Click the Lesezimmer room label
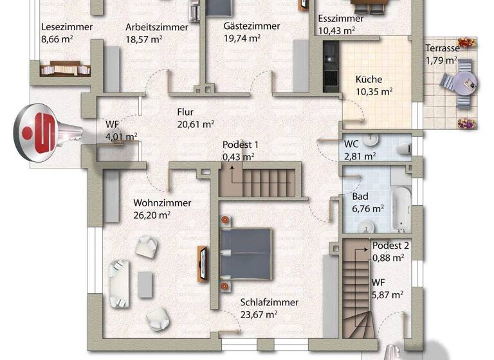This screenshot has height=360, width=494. pos(66,27)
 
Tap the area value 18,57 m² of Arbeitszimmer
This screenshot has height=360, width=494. pos(143,39)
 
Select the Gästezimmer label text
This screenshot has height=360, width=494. pos(252,26)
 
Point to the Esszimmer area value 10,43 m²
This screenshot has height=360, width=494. pos(336,30)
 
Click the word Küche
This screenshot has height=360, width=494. pos(369,80)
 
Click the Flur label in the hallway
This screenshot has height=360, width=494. pos(186,111)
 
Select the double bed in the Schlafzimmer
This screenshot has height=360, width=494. pos(245,253)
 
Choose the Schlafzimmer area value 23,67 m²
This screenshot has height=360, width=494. pos(259,314)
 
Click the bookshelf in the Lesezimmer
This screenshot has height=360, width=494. pos(63,67)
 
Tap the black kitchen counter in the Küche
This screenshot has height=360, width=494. pos(330,64)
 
